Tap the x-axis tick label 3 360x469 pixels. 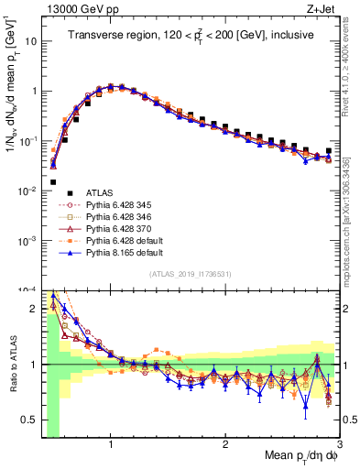[x=339, y=444]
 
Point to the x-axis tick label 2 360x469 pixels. [x=224, y=444]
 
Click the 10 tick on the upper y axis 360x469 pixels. [x=28, y=42]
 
